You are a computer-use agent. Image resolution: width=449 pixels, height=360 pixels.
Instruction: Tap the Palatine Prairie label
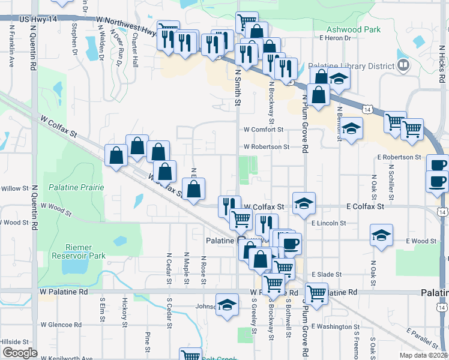click(x=76, y=187)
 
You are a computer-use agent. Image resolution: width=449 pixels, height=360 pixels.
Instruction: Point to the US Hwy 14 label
click(x=40, y=20)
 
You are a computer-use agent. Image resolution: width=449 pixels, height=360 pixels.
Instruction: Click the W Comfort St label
click(x=263, y=129)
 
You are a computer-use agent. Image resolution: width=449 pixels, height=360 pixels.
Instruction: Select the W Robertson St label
click(x=267, y=146)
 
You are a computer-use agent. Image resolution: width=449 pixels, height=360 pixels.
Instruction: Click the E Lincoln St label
click(x=329, y=223)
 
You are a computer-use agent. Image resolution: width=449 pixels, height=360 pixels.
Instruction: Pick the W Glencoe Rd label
click(x=62, y=325)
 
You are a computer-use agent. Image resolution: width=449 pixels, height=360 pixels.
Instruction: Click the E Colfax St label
click(x=365, y=206)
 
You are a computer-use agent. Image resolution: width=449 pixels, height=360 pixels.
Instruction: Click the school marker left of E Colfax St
click(x=304, y=204)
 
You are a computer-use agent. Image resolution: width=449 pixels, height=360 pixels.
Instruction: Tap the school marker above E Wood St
click(x=381, y=236)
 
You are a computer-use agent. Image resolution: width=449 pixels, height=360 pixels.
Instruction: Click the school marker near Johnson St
click(x=227, y=305)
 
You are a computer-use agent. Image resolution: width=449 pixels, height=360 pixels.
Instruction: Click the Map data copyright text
click(x=423, y=355)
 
